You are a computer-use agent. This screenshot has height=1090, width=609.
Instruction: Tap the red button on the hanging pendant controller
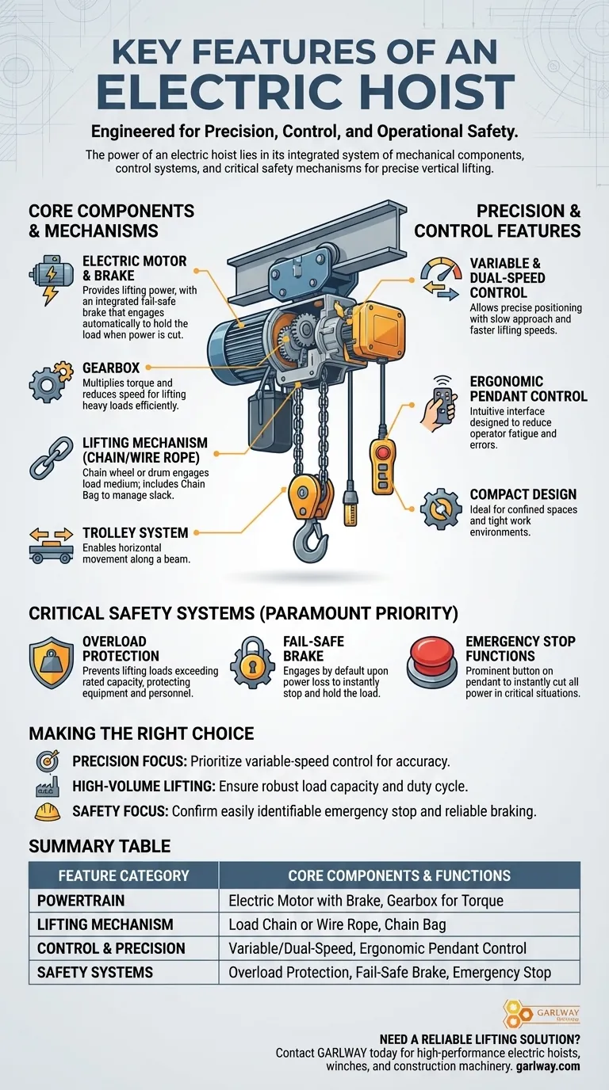pos(382,452)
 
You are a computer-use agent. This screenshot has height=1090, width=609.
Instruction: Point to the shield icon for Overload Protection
pos(52,661)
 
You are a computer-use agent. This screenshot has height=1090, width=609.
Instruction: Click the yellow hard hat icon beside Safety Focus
pos(48,812)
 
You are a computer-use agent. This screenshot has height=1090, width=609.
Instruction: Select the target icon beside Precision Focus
pos(48,760)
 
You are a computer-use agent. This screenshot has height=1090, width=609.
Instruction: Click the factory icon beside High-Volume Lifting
pos(48,787)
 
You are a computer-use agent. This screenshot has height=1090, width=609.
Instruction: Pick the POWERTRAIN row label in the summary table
pos(81,900)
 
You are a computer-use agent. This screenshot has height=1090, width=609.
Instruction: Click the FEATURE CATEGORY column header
pos(124,875)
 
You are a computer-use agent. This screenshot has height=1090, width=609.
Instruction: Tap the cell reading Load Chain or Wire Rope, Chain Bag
pos(337,924)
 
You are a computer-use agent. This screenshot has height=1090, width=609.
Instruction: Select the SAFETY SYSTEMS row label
pos(95,972)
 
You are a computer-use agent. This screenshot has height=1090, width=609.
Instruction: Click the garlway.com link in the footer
pos(548,1066)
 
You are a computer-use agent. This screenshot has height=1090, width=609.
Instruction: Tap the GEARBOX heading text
pos(111,368)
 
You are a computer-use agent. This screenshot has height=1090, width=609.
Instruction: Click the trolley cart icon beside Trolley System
pos(52,546)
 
